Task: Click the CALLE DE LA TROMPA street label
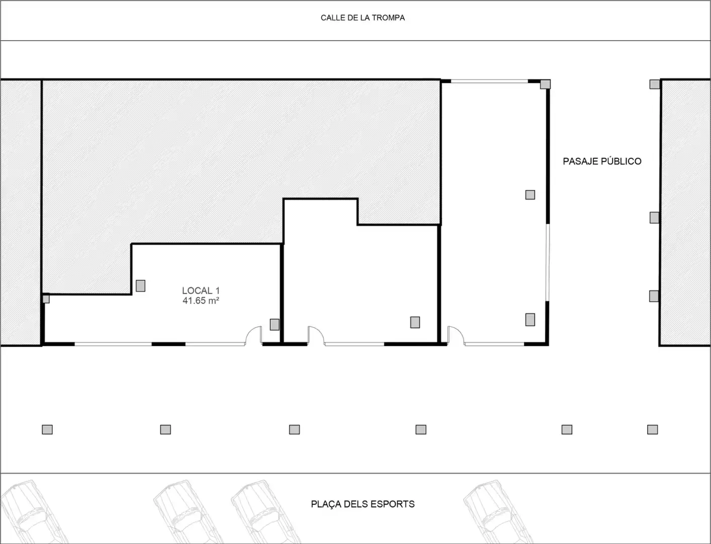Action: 362,18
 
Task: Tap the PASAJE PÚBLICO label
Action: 602,161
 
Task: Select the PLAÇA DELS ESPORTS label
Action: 362,504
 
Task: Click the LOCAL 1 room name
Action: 201,291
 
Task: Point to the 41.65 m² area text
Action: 201,301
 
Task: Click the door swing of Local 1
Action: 253,334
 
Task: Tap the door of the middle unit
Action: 316,334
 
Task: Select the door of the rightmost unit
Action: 456,334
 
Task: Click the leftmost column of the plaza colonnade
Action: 47,430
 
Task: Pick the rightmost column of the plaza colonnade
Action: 652,430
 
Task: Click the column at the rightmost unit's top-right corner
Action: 545,84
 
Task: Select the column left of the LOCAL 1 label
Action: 140,286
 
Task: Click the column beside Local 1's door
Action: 275,324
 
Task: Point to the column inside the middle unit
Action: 415,322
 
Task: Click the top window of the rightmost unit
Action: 490,82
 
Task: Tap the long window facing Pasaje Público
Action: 547,262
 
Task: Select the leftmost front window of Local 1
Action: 113,344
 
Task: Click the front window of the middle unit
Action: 354,344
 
